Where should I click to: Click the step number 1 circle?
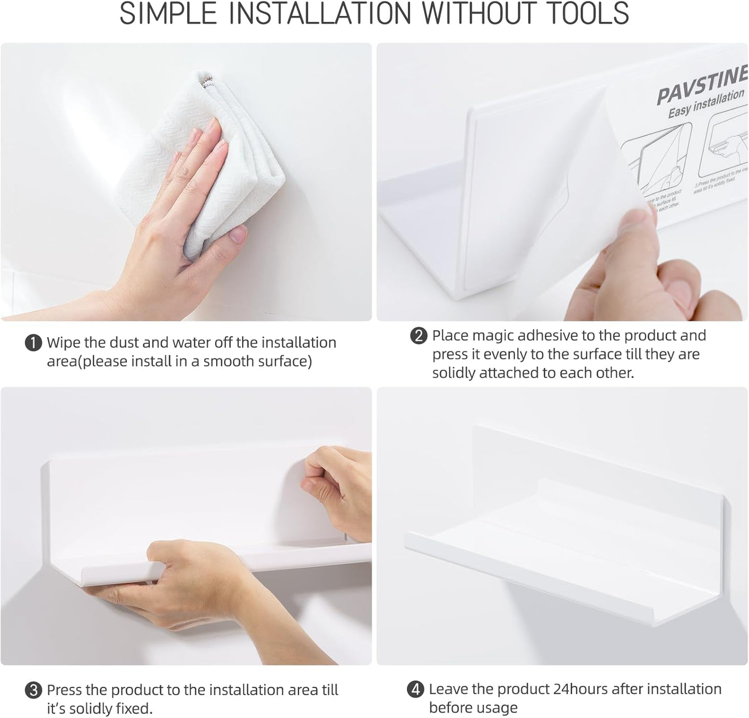coord(34,343)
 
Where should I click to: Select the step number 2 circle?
coord(418,336)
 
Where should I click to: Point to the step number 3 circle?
coord(34,691)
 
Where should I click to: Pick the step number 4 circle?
coord(416,689)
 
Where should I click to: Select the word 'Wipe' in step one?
coord(64,343)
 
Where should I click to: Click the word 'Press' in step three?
coord(65,690)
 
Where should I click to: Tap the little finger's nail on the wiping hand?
coord(238,236)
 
